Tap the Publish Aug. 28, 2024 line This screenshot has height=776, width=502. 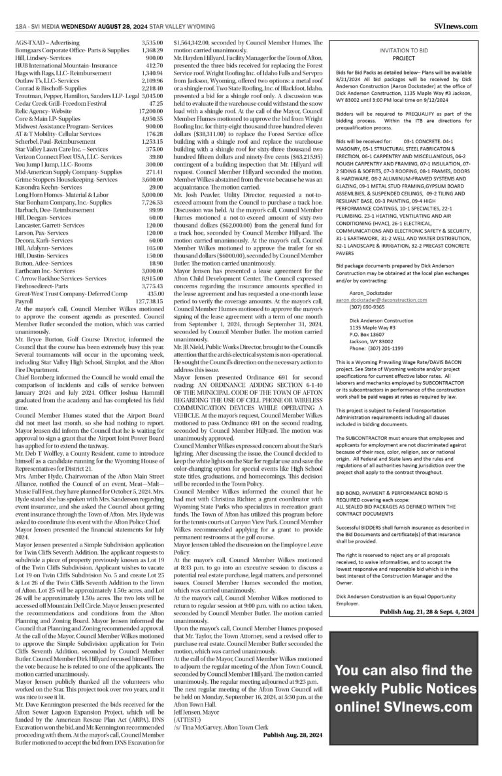tap(293, 734)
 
